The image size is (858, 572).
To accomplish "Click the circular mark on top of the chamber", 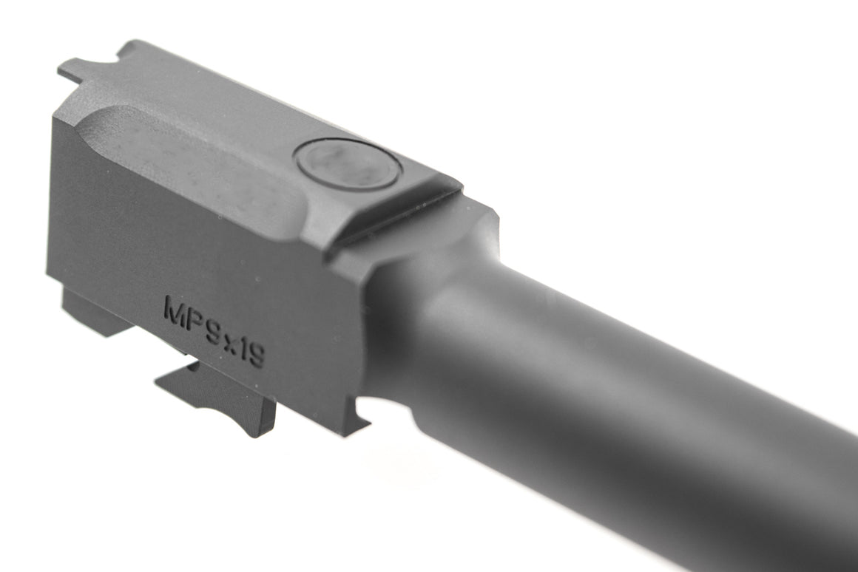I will coord(347,163).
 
